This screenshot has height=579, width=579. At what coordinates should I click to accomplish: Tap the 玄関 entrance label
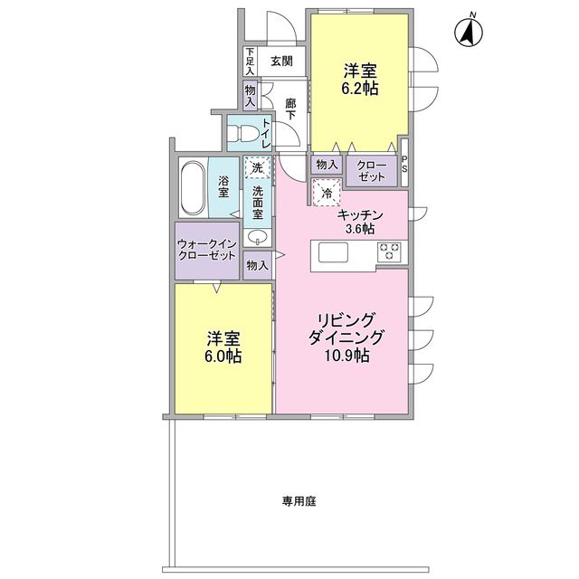pyautogui.click(x=280, y=62)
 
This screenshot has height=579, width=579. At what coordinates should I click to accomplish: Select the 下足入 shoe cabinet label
pyautogui.click(x=250, y=61)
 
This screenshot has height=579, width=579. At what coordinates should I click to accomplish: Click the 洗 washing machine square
pyautogui.click(x=257, y=168)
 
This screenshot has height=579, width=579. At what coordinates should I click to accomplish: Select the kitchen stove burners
pyautogui.click(x=390, y=252)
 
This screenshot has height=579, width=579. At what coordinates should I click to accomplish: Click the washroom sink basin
pyautogui.click(x=258, y=238)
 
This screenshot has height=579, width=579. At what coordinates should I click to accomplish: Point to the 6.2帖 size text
pyautogui.click(x=359, y=90)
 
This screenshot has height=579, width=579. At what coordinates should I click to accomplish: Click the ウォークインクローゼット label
pyautogui.click(x=207, y=251)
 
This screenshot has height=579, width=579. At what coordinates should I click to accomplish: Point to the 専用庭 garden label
pyautogui.click(x=297, y=500)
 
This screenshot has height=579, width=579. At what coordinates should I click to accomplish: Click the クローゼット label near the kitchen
pyautogui.click(x=371, y=169)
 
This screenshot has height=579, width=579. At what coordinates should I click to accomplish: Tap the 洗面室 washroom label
pyautogui.click(x=258, y=204)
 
